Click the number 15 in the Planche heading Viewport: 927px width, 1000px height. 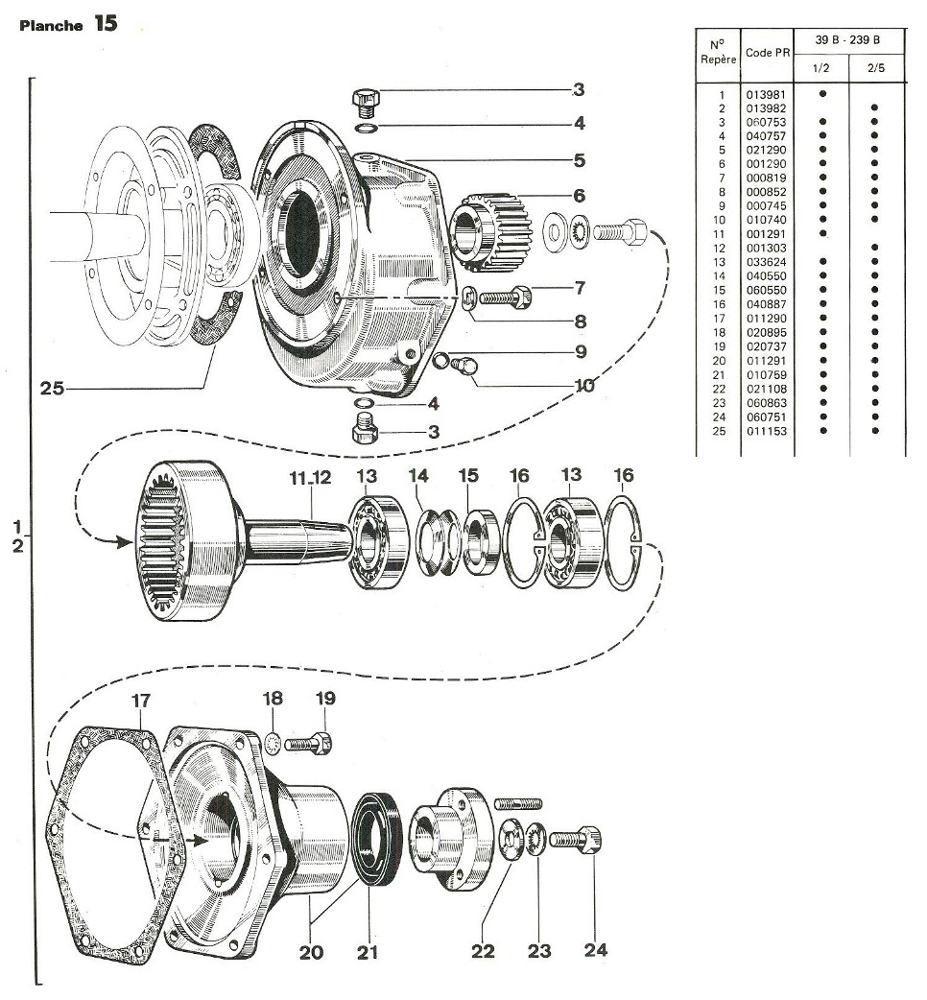106,24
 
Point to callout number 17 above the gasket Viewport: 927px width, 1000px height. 140,701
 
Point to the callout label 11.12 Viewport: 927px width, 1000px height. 310,477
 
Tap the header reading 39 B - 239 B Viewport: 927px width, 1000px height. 850,42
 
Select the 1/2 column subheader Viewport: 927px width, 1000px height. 821,69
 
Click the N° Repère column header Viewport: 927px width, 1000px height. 719,51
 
